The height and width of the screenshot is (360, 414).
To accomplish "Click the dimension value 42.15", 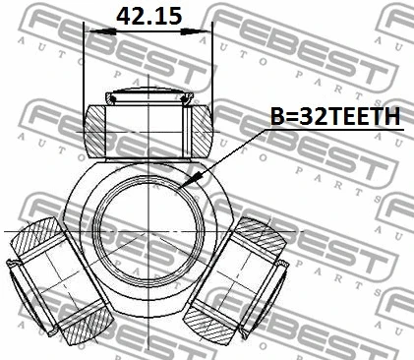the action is [148, 17].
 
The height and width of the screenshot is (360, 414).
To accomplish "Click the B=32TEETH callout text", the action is [335, 116].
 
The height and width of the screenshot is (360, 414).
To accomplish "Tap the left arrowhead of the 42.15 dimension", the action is [102, 31].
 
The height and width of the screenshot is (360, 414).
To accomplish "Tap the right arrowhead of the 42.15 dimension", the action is [195, 31].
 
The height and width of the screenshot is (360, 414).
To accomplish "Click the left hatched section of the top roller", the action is [95, 131].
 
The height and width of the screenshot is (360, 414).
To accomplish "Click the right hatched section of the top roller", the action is [201, 131].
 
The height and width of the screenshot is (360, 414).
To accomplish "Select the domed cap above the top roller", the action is [149, 95].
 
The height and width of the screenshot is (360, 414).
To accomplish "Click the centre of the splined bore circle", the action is [148, 231].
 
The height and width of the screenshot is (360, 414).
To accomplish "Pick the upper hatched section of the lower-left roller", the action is [36, 237].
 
